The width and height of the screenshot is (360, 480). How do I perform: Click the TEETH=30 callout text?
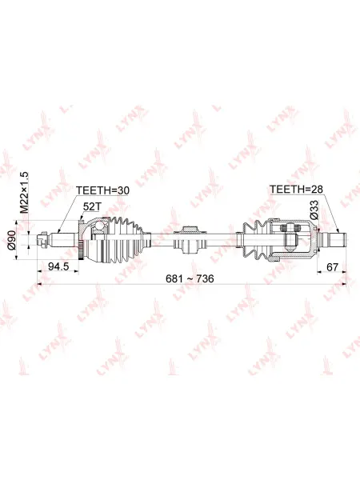102,190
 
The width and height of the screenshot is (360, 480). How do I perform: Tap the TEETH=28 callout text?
296,189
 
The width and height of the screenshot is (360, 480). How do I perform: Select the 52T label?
92,207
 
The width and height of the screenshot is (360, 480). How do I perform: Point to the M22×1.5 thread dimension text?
24,192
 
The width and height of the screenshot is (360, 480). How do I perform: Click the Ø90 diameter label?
12,240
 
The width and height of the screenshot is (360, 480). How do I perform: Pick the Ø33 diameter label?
314,210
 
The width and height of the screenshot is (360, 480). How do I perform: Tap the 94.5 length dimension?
58,266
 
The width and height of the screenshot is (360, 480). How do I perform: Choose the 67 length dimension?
332,267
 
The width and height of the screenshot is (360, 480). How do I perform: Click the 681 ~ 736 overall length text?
190,278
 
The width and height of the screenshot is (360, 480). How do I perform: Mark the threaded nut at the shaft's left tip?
42,239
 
